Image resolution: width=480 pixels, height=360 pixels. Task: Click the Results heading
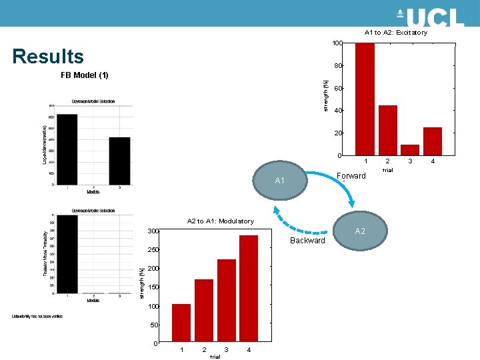[48, 57]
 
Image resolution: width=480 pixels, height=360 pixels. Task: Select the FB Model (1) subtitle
[85, 75]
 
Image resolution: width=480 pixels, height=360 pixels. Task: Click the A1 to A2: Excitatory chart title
[395, 32]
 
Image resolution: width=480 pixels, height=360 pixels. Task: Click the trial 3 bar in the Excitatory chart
[410, 150]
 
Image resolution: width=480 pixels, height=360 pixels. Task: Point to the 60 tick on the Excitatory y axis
[339, 89]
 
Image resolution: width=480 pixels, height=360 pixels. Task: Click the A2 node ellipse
[360, 231]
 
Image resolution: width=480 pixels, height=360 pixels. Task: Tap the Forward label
[351, 176]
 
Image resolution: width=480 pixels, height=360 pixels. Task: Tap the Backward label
[307, 240]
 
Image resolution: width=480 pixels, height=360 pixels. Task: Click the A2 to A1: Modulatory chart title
[220, 221]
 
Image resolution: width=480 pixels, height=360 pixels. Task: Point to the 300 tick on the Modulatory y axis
[153, 231]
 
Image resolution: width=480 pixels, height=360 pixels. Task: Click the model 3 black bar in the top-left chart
[119, 161]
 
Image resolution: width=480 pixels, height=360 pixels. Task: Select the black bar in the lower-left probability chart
[67, 253]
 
